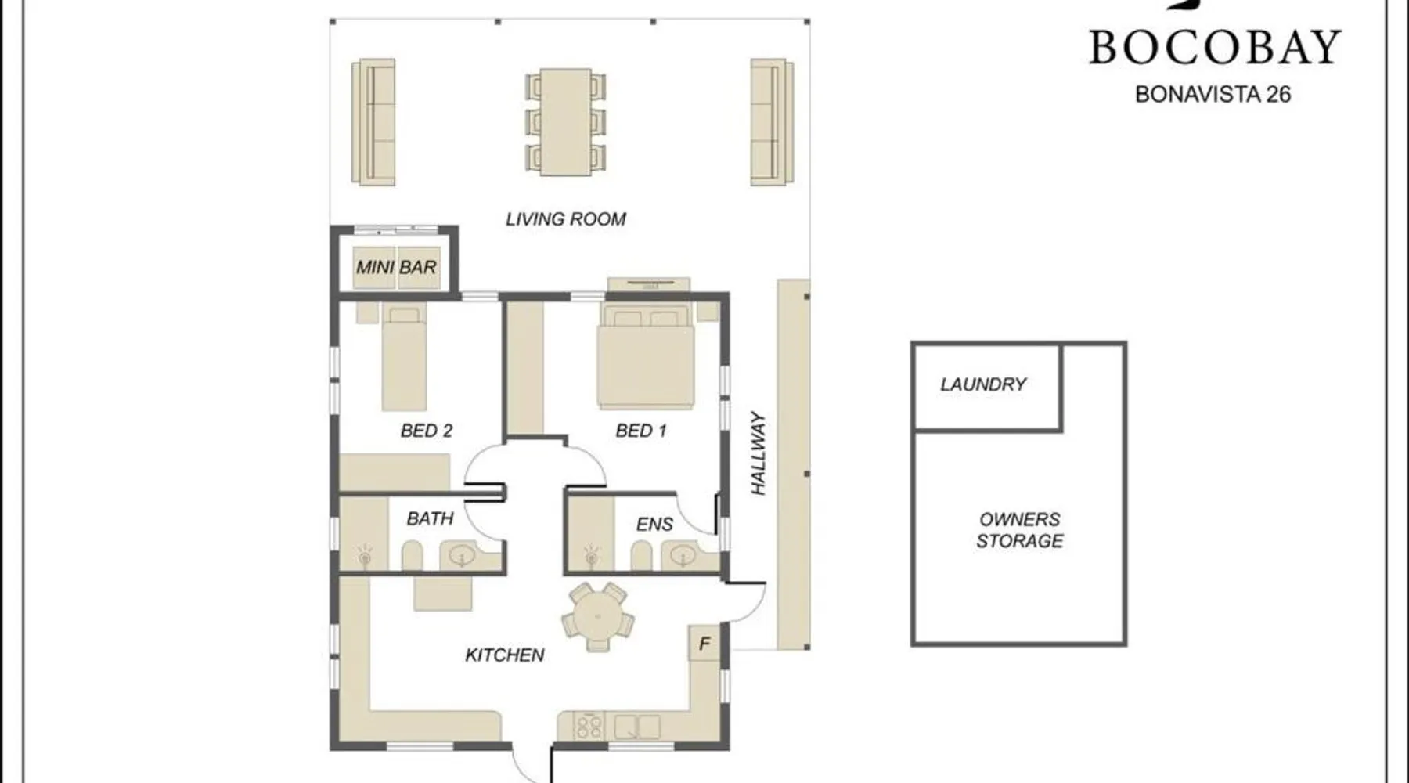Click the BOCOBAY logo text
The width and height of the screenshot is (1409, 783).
(x=1215, y=47)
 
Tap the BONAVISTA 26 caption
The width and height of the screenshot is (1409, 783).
(x=1213, y=94)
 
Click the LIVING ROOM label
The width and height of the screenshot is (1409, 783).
(x=566, y=219)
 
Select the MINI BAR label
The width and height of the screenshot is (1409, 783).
(x=396, y=267)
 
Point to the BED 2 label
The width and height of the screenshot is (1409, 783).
(x=427, y=431)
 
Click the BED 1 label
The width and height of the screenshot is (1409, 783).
(x=641, y=431)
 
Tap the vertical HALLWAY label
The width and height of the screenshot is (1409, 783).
(x=758, y=453)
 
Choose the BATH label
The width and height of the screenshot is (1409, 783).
(x=430, y=518)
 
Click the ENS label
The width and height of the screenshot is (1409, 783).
(x=654, y=524)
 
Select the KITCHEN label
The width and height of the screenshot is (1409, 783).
(x=505, y=655)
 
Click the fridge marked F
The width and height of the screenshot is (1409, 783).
(x=704, y=644)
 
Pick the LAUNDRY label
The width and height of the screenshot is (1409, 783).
(x=983, y=384)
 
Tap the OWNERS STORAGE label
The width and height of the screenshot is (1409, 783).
(x=1020, y=530)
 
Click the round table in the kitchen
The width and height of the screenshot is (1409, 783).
(x=597, y=616)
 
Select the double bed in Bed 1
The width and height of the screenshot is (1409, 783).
(x=646, y=356)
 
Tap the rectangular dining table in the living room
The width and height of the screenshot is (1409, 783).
(x=565, y=121)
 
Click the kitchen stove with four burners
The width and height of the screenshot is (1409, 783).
(x=589, y=727)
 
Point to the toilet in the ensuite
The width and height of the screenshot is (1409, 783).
(x=641, y=556)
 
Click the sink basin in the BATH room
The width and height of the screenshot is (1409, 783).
(x=462, y=556)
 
